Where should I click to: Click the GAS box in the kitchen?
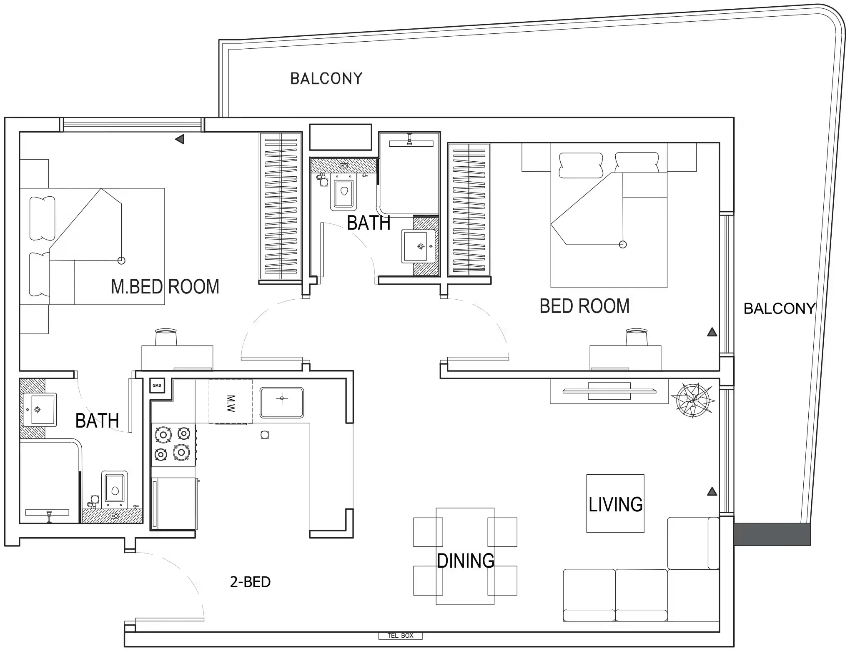pos(157,385)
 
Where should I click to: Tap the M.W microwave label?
pos(231,402)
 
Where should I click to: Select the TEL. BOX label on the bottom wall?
pos(400,636)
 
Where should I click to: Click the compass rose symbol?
pos(693,400)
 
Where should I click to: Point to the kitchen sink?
pos(282,402)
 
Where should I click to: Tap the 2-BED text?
pos(250,582)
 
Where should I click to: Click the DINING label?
pos(465,561)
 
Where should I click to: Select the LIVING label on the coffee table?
pos(615,504)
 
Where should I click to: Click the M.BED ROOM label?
pos(165,287)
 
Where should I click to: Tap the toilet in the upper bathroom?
pos(344,194)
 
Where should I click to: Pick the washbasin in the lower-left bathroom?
pos(38,409)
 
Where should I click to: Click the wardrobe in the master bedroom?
pos(280,206)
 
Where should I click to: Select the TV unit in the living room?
pos(609,391)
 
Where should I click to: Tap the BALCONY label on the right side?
pos(779,308)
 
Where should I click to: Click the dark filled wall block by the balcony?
pos(772,534)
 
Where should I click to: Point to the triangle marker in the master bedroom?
pos(180,139)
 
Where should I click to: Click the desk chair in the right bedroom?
pos(637,337)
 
